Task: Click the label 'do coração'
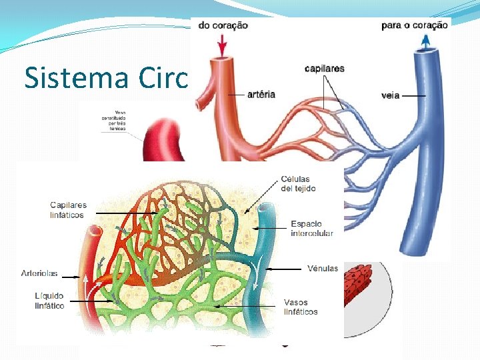222,26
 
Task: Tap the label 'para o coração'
414,26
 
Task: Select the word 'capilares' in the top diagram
325,68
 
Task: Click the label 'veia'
390,95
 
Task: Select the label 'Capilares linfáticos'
68,209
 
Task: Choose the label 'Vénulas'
323,269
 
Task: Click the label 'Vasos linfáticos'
301,307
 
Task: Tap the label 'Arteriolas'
39,273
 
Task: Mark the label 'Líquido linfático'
49,300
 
